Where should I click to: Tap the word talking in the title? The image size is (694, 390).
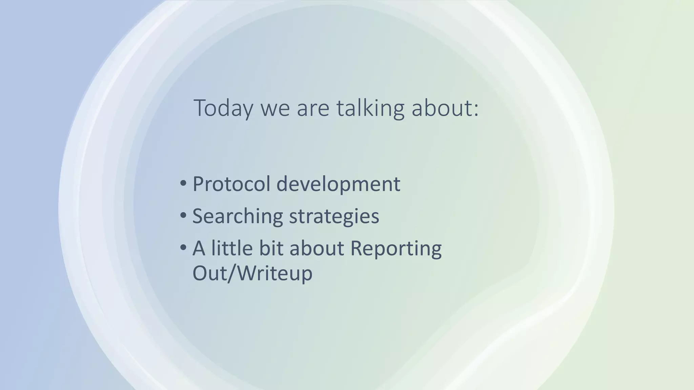pyautogui.click(x=370, y=108)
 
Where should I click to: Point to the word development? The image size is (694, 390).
pyautogui.click(x=338, y=184)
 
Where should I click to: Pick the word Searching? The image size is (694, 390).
pyautogui.click(x=237, y=216)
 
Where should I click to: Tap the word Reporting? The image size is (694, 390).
pyautogui.click(x=395, y=248)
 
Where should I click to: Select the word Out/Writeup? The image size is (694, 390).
pyautogui.click(x=252, y=273)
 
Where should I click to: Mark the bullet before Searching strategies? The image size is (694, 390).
pyautogui.click(x=183, y=215)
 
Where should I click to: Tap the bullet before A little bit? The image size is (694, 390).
pyautogui.click(x=183, y=247)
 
